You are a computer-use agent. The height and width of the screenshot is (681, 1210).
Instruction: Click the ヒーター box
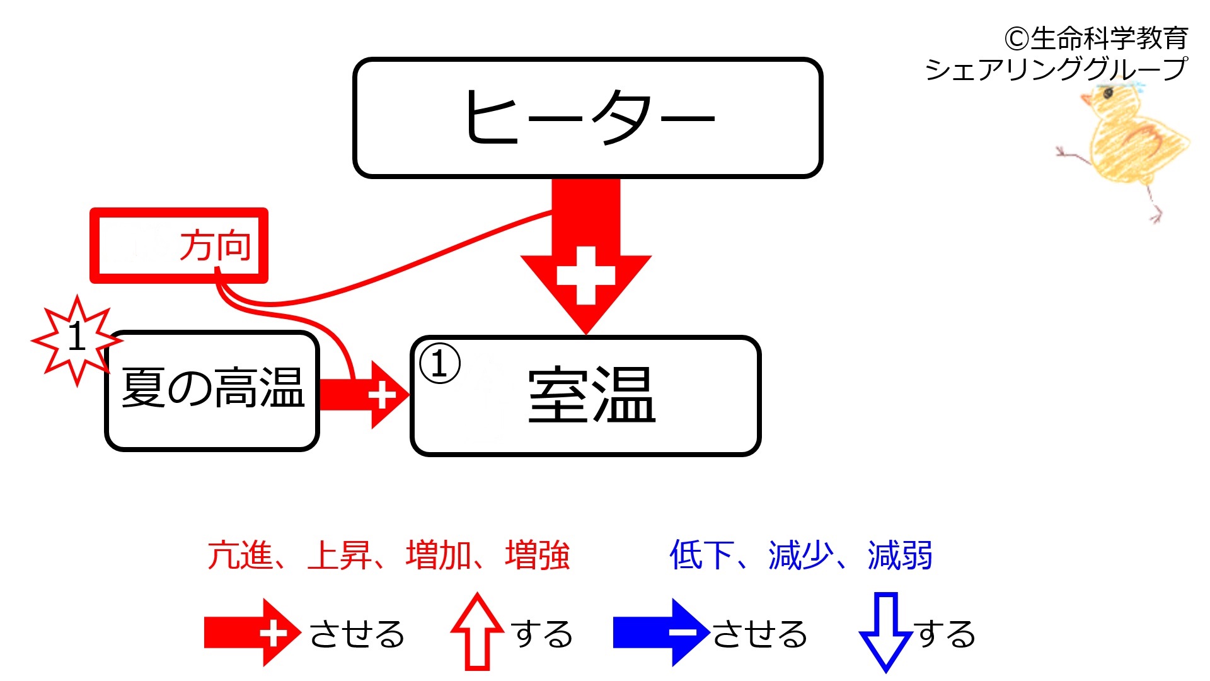pyautogui.click(x=587, y=118)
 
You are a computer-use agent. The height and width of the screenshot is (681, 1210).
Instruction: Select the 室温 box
pyautogui.click(x=586, y=396)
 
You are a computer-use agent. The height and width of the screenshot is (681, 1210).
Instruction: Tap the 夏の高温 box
pyautogui.click(x=212, y=391)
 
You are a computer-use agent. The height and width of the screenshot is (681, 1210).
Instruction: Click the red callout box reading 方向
pyautogui.click(x=179, y=245)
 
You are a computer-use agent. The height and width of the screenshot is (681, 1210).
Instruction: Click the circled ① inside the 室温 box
pyautogui.click(x=440, y=364)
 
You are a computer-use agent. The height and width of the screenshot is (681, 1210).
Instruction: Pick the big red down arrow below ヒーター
pyautogui.click(x=586, y=255)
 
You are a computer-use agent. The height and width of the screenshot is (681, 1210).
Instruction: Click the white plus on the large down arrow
pyautogui.click(x=586, y=276)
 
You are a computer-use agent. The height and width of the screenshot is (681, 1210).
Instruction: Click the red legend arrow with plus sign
pyautogui.click(x=253, y=632)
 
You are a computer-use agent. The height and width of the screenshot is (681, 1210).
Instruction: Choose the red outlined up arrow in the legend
pyautogui.click(x=477, y=631)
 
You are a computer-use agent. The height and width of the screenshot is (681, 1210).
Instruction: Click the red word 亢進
pyautogui.click(x=240, y=556)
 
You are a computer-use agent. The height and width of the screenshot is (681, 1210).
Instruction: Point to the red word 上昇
pyautogui.click(x=339, y=556)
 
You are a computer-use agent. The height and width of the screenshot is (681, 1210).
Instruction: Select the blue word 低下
pyautogui.click(x=702, y=556)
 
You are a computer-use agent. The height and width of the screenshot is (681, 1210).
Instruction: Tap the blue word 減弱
pyautogui.click(x=900, y=556)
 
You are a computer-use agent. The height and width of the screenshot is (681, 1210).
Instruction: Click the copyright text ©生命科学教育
pyautogui.click(x=1097, y=38)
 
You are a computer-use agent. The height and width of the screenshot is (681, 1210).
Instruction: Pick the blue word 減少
pyautogui.click(x=801, y=556)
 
